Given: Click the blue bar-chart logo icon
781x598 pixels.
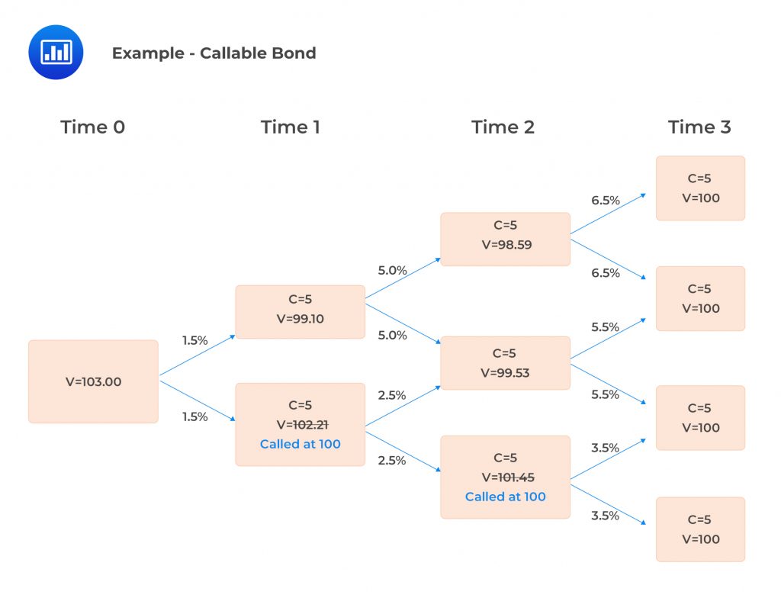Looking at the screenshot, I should tap(56, 52).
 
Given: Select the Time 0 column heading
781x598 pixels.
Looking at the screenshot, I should tap(92, 127).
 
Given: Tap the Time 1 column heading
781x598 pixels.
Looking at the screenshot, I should tap(290, 127).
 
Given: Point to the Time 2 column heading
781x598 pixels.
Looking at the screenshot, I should tap(503, 127).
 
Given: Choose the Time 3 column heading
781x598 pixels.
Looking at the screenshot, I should tap(699, 127).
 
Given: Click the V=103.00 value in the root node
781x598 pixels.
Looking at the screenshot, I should tap(93, 382).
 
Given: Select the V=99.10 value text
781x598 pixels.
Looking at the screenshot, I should tap(300, 319).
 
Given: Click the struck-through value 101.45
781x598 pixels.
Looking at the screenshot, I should tap(516, 477).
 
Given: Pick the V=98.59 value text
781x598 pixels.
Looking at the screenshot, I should tap(505, 246).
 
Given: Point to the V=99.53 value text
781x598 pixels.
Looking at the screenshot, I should tap(505, 373).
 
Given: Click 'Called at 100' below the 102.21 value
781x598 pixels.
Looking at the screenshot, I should tap(300, 444).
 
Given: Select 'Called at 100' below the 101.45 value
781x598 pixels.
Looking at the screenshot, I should tap(505, 497).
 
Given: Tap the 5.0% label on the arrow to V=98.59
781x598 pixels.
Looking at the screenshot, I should tap(392, 270).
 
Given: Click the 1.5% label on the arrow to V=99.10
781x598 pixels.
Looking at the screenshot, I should tap(194, 340).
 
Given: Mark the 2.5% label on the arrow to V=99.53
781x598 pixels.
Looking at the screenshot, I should tap(392, 395).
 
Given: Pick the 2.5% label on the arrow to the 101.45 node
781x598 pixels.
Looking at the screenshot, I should tap(392, 460).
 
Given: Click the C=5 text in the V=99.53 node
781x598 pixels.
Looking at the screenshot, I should tap(505, 353).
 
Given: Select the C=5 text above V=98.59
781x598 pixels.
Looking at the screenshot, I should tap(505, 227).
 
